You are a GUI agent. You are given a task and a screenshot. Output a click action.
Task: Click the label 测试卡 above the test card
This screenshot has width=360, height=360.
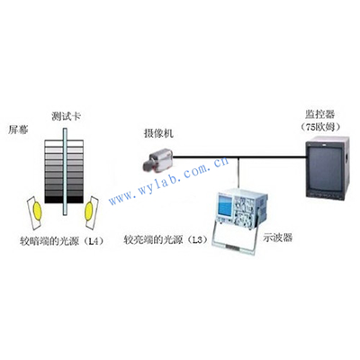pyautogui.click(x=67, y=116)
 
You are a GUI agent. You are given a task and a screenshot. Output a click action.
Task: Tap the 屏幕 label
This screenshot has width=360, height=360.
pyautogui.click(x=18, y=130)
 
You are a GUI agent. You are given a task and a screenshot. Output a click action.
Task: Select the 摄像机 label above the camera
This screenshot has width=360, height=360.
pyautogui.click(x=158, y=133)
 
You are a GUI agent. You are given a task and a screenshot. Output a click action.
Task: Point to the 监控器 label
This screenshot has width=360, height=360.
pyautogui.click(x=320, y=114)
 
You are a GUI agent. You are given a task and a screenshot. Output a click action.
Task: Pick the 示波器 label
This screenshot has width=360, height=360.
pyautogui.click(x=277, y=238)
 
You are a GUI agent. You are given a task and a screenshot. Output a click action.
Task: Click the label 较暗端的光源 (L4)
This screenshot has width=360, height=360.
pyautogui.click(x=62, y=241)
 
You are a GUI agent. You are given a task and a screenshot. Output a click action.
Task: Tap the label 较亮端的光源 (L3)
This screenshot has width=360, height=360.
pyautogui.click(x=166, y=240)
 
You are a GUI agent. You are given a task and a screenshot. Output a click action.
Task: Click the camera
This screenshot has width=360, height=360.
pyautogui.click(x=157, y=160)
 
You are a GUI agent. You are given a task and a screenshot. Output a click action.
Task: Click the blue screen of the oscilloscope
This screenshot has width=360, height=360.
pyautogui.click(x=225, y=209)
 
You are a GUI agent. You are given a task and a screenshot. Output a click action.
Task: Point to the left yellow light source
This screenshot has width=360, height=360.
pyautogui.click(x=37, y=211)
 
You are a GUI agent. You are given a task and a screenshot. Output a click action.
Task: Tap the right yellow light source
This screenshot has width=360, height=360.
pyautogui.click(x=89, y=211)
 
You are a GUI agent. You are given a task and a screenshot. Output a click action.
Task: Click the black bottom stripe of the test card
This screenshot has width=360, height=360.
pyautogui.click(x=64, y=200)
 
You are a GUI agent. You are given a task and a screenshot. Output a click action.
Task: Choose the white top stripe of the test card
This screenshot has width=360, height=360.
pyautogui.click(x=64, y=143)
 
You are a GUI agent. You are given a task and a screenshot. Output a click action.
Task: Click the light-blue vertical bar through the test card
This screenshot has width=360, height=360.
pyautogui.click(x=65, y=172)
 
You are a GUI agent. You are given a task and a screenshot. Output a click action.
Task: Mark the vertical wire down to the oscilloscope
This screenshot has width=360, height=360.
pyautogui.click(x=238, y=173)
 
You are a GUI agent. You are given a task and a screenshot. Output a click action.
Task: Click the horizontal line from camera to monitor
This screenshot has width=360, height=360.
pyautogui.click(x=239, y=157)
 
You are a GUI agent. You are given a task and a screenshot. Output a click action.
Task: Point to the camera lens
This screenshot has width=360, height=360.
pyautogui.click(x=148, y=166)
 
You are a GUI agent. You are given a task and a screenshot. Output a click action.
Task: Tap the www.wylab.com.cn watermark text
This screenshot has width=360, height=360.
pyautogui.click(x=168, y=181)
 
